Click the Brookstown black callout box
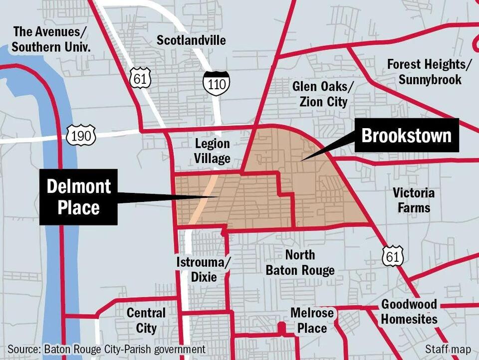click(x=407, y=135)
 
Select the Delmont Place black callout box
click(x=79, y=196)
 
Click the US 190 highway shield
click(x=80, y=135)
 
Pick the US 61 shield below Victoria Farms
click(x=391, y=256)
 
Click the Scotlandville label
click(x=191, y=40)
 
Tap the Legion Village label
click(x=213, y=151)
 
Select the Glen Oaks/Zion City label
click(x=323, y=94)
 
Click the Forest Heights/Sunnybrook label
click(x=430, y=72)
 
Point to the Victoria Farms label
click(x=414, y=199)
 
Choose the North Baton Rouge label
click(x=300, y=263)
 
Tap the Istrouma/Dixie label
click(x=204, y=269)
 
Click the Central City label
click(x=146, y=321)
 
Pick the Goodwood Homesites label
click(x=409, y=312)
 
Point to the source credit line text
click(x=106, y=349)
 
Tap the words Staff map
click(x=448, y=349)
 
